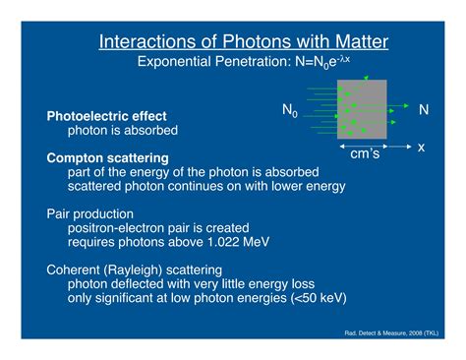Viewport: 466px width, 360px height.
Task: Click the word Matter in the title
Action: [362, 42]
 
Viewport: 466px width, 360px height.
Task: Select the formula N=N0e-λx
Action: [322, 62]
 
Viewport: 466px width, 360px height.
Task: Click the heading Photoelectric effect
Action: [106, 116]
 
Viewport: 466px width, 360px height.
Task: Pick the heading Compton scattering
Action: [107, 158]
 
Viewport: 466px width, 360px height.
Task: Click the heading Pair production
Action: [89, 214]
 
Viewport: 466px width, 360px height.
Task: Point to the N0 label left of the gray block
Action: [290, 110]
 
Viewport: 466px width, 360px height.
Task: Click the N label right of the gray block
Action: [424, 109]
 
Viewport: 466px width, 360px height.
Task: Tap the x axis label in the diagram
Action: [421, 148]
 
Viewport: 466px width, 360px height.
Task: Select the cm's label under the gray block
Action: [365, 153]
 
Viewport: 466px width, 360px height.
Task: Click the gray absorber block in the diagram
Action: [362, 109]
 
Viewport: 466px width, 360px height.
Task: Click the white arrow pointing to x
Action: [399, 147]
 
